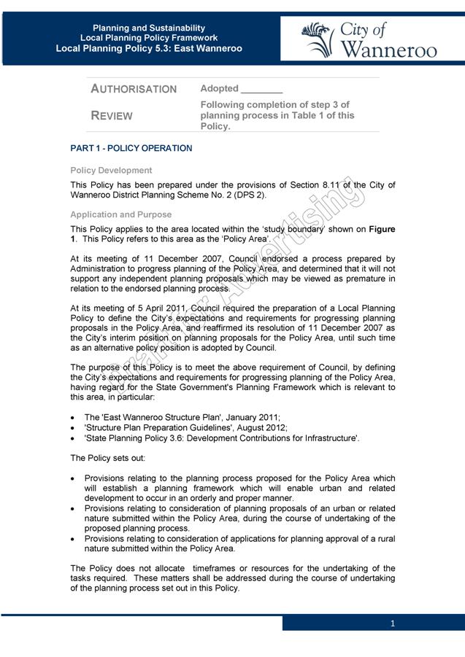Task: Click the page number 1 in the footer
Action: point(393,623)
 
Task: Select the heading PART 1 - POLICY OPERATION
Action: point(131,149)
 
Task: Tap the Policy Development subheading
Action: point(111,171)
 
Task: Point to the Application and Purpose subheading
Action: point(121,215)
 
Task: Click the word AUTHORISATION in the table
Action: point(134,89)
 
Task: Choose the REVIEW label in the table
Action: point(112,116)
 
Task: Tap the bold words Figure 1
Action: point(381,229)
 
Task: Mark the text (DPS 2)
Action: point(247,195)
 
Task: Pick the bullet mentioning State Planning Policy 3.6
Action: point(221,438)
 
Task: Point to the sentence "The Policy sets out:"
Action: point(107,459)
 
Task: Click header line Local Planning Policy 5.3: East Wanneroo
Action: point(149,49)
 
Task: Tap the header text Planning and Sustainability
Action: point(149,28)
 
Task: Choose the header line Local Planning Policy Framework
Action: point(149,38)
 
